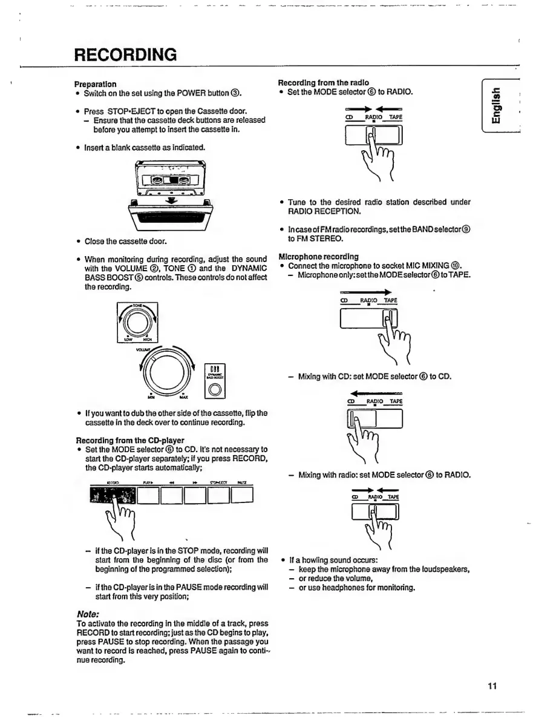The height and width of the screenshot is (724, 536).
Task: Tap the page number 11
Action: point(491,685)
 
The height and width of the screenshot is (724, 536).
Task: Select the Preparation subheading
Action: point(95,84)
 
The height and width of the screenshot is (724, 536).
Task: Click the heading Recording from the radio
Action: point(323,83)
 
